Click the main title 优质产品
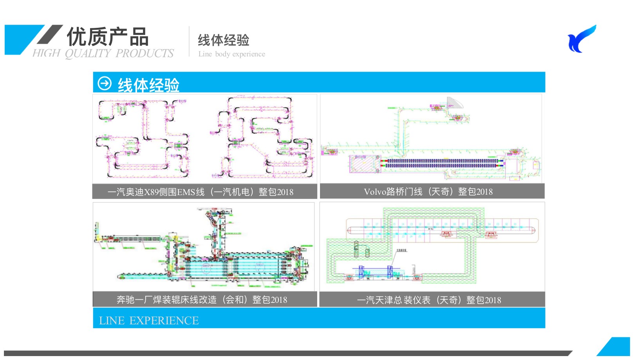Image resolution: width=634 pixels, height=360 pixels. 107,37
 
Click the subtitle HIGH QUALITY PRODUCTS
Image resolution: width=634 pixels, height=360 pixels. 103,53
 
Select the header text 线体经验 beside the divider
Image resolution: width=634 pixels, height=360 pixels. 223,40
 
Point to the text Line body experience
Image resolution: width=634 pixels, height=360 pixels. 231,54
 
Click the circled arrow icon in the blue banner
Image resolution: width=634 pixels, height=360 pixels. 105,83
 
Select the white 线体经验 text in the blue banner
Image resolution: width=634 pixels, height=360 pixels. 148,85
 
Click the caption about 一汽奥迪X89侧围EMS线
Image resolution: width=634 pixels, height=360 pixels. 200,192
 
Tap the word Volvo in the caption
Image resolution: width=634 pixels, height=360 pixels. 374,192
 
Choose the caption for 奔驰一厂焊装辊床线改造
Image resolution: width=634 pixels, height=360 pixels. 202,300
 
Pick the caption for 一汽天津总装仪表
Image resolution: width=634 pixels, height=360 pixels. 429,300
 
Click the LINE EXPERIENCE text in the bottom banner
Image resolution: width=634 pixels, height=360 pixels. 149,320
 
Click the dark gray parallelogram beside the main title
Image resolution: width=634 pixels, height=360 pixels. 50,34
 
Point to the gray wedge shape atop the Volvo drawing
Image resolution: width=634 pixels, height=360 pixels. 454,103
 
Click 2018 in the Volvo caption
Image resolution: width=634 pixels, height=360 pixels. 484,192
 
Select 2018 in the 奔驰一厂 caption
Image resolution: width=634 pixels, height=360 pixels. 279,300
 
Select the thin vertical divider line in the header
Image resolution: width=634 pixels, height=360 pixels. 189,42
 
